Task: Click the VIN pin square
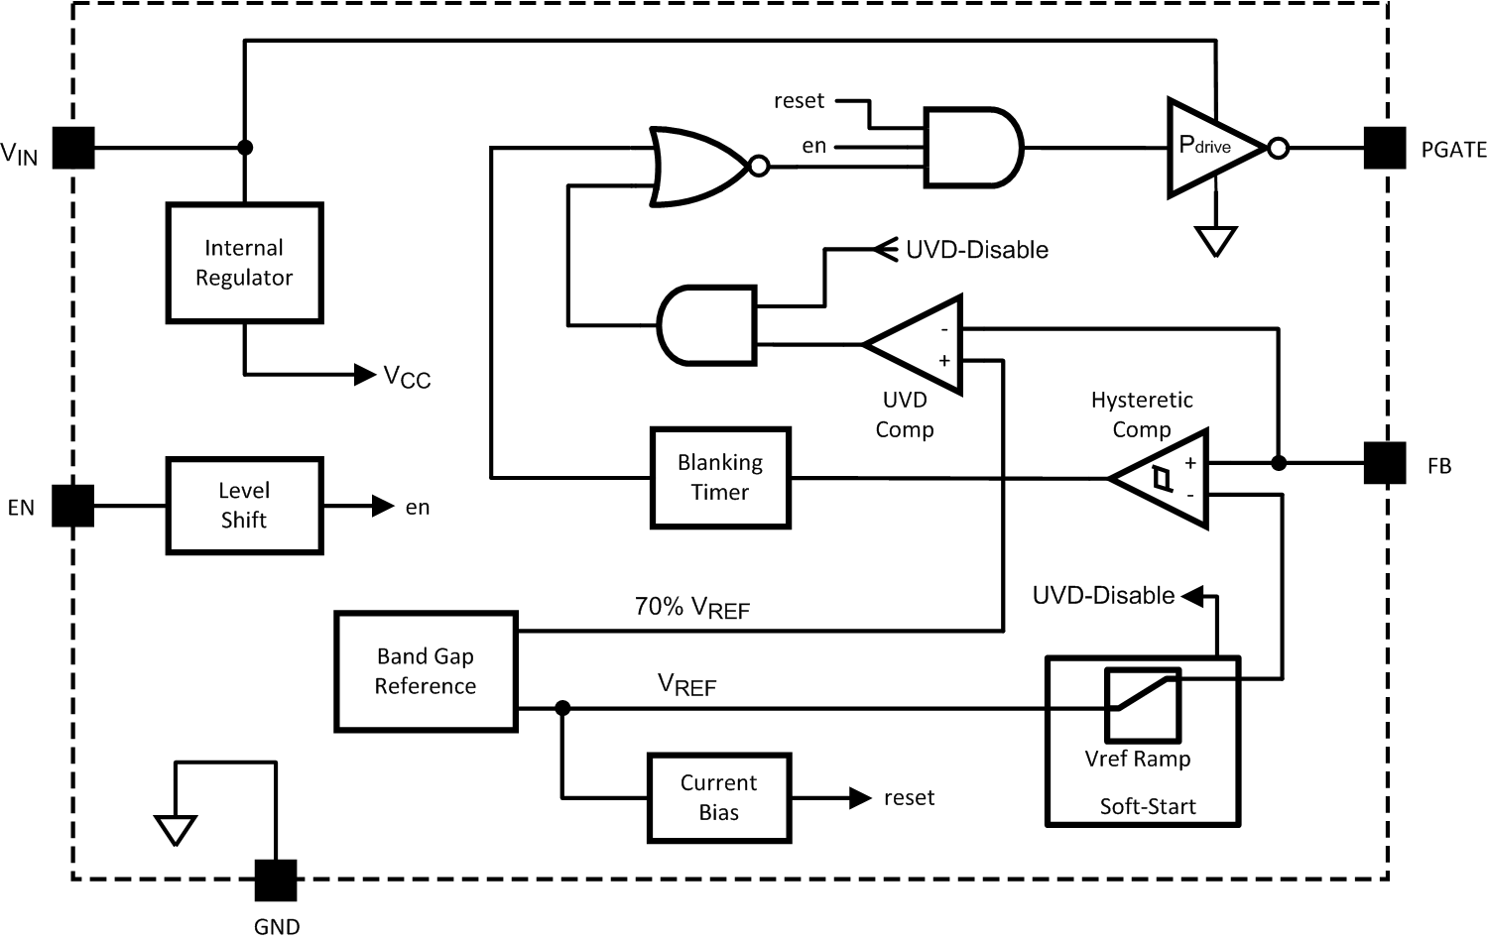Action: click(73, 148)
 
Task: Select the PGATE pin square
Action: click(1385, 148)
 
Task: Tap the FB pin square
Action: click(1385, 463)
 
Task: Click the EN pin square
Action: click(73, 506)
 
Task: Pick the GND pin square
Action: click(276, 880)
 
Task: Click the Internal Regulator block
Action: click(244, 263)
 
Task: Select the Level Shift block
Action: click(244, 506)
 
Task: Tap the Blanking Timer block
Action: click(720, 478)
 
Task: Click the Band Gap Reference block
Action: click(426, 671)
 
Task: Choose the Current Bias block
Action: click(719, 798)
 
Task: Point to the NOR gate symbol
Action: click(699, 166)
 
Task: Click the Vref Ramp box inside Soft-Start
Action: click(1143, 705)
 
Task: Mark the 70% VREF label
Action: click(691, 608)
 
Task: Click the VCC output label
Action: click(407, 376)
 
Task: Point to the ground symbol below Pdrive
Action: click(1215, 241)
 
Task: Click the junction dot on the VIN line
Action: click(244, 148)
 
